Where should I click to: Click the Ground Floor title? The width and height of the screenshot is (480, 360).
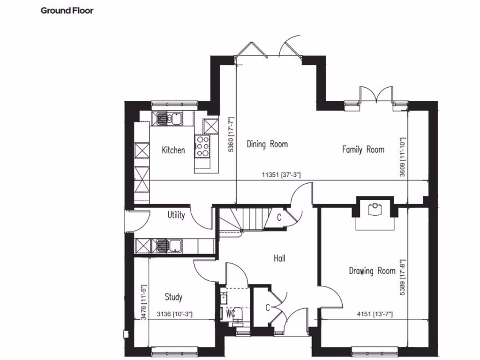pyautogui.click(x=67, y=10)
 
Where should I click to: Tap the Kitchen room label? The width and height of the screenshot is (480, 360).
pyautogui.click(x=173, y=150)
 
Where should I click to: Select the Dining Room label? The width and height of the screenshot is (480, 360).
pyautogui.click(x=267, y=144)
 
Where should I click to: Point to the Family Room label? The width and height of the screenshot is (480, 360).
pyautogui.click(x=363, y=150)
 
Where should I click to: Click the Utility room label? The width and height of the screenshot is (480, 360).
pyautogui.click(x=176, y=215)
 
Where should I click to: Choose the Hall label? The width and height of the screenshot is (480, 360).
pyautogui.click(x=279, y=258)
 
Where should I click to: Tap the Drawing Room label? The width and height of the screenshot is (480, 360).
pyautogui.click(x=372, y=270)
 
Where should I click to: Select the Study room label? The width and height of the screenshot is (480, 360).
pyautogui.click(x=173, y=297)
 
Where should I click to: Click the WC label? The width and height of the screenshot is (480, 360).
pyautogui.click(x=230, y=312)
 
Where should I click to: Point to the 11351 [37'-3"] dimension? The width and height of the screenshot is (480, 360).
pyautogui.click(x=281, y=175)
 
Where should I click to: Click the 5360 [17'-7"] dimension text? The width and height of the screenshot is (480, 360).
pyautogui.click(x=231, y=134)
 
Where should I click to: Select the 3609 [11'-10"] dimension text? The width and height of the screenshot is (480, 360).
pyautogui.click(x=402, y=157)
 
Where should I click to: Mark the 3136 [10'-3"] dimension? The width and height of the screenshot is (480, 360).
pyautogui.click(x=174, y=314)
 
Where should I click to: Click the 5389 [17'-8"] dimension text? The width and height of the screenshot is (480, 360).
pyautogui.click(x=402, y=277)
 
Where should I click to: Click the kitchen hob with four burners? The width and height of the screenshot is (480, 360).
pyautogui.click(x=202, y=145)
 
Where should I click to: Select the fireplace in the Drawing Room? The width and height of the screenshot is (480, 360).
pyautogui.click(x=376, y=210)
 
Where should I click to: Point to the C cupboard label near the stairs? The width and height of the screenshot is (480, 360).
pyautogui.click(x=279, y=217)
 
